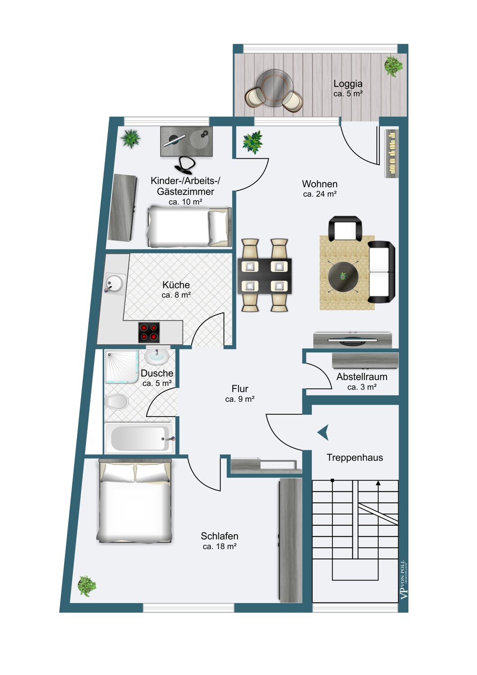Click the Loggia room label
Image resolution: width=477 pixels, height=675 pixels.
pos(348,83)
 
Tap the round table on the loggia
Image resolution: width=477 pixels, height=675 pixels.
pos(274,88)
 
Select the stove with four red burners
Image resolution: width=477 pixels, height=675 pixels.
pos(149,332)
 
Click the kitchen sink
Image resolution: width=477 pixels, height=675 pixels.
pos(115,284)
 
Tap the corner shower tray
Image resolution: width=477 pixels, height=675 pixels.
pos(122,366)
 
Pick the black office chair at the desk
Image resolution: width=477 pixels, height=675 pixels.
pos(184,165)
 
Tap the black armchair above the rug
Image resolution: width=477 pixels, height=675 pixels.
pos(345,229)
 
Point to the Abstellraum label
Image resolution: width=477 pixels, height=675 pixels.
pos(362,377)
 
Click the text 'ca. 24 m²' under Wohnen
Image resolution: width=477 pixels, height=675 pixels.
pos(319,194)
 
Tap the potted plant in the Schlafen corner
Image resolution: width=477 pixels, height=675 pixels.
pos(87,586)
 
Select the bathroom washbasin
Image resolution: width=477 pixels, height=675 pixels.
pos(157,357)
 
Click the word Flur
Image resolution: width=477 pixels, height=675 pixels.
pos(240,389)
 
